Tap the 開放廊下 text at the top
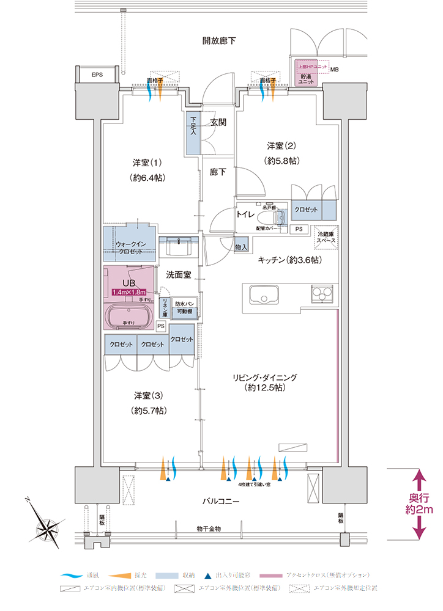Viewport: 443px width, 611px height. coord(219,41)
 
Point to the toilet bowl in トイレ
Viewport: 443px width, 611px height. coord(281,217)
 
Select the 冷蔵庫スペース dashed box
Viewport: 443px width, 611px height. coord(325,237)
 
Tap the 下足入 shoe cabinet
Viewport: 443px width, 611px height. coord(193,134)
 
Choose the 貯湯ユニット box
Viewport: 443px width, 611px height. coord(306,79)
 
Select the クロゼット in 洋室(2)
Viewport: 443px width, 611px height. coord(306,210)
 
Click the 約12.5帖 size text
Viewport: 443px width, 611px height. coord(264,388)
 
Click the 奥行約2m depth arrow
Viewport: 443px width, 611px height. coord(420,504)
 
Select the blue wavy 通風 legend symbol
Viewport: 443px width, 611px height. coord(72,576)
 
